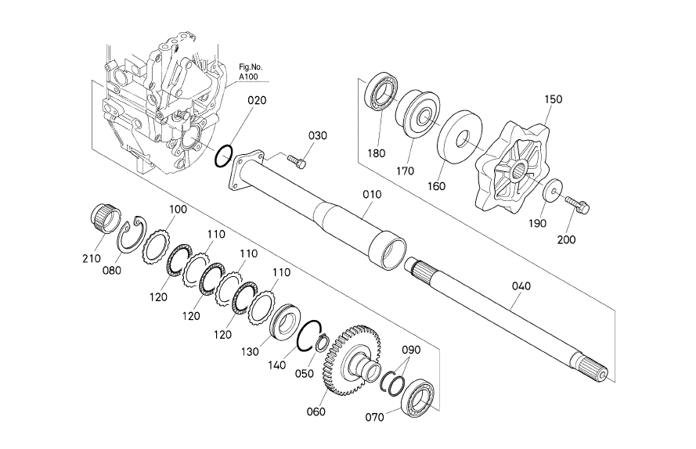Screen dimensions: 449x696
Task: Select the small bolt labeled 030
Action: (x=297, y=161)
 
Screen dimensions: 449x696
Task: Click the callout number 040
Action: (x=521, y=286)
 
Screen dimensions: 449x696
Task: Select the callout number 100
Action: (x=178, y=210)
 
